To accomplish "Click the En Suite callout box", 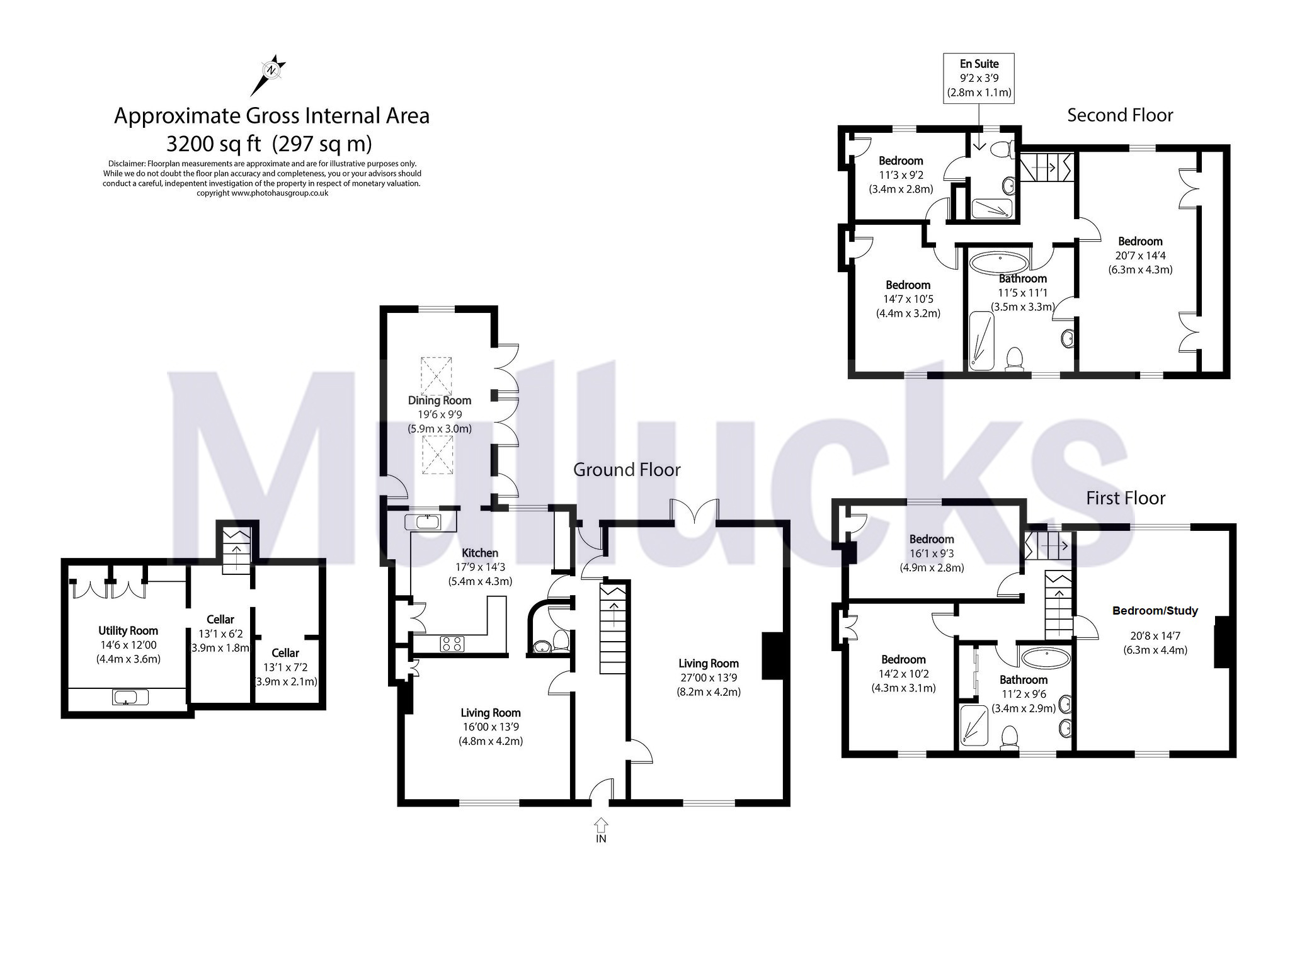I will click(x=978, y=78).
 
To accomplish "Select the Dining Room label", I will click(x=439, y=401).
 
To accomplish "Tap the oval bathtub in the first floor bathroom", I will click(x=1045, y=659).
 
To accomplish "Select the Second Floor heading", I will click(x=1119, y=115).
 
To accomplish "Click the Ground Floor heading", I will click(x=626, y=470).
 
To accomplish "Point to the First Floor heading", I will click(x=1125, y=498).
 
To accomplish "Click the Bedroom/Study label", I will click(x=1155, y=611).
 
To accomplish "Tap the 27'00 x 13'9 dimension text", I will click(x=708, y=678).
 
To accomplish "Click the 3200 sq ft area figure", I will click(x=213, y=144).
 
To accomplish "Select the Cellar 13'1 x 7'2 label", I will click(x=285, y=667).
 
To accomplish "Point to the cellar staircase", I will click(x=237, y=551).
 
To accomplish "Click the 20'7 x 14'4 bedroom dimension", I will click(x=1139, y=256).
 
